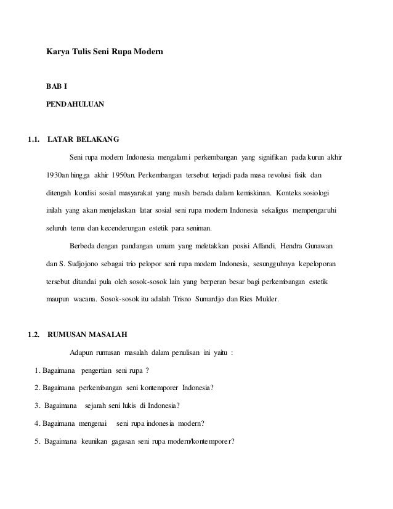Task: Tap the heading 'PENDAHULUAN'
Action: click(75, 105)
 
